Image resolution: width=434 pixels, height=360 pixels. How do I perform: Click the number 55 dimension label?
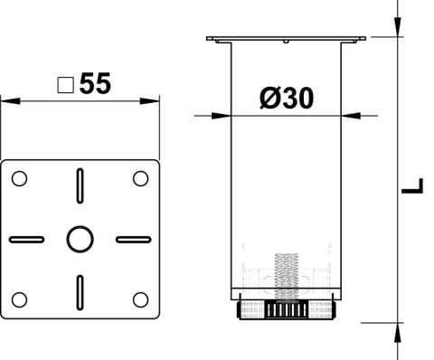[x=95, y=83]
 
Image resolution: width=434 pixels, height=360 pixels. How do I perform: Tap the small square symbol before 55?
[x=66, y=85]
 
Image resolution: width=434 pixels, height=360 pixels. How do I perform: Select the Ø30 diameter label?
[x=287, y=98]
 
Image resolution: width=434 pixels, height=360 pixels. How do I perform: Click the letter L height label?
[x=412, y=185]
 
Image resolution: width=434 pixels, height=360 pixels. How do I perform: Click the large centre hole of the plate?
[x=80, y=239]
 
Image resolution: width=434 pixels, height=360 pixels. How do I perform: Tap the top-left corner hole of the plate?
[x=19, y=178]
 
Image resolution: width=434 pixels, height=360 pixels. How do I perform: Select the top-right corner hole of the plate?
[x=140, y=178]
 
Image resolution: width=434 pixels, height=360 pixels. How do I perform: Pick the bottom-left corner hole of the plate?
[x=19, y=299]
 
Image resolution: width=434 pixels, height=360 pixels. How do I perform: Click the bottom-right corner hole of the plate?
[x=140, y=299]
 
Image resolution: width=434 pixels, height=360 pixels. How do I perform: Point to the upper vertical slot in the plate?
[x=80, y=185]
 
